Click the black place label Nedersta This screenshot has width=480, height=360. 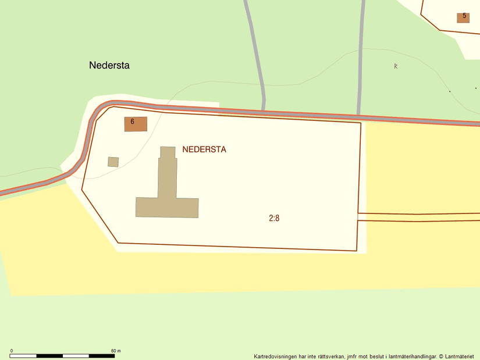(x=109, y=65)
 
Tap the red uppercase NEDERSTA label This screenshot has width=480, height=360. (x=204, y=149)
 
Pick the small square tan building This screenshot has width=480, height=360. (x=113, y=162)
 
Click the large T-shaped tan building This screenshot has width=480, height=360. (x=168, y=198)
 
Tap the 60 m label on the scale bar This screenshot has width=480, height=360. (x=116, y=351)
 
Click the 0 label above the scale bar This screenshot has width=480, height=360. (x=12, y=351)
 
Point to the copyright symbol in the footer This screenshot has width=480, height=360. (x=441, y=357)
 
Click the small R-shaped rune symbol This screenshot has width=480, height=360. (x=396, y=66)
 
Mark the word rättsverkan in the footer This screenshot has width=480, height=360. (x=330, y=357)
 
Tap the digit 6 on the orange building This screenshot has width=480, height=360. (x=133, y=122)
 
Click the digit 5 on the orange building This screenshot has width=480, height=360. (x=464, y=16)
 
